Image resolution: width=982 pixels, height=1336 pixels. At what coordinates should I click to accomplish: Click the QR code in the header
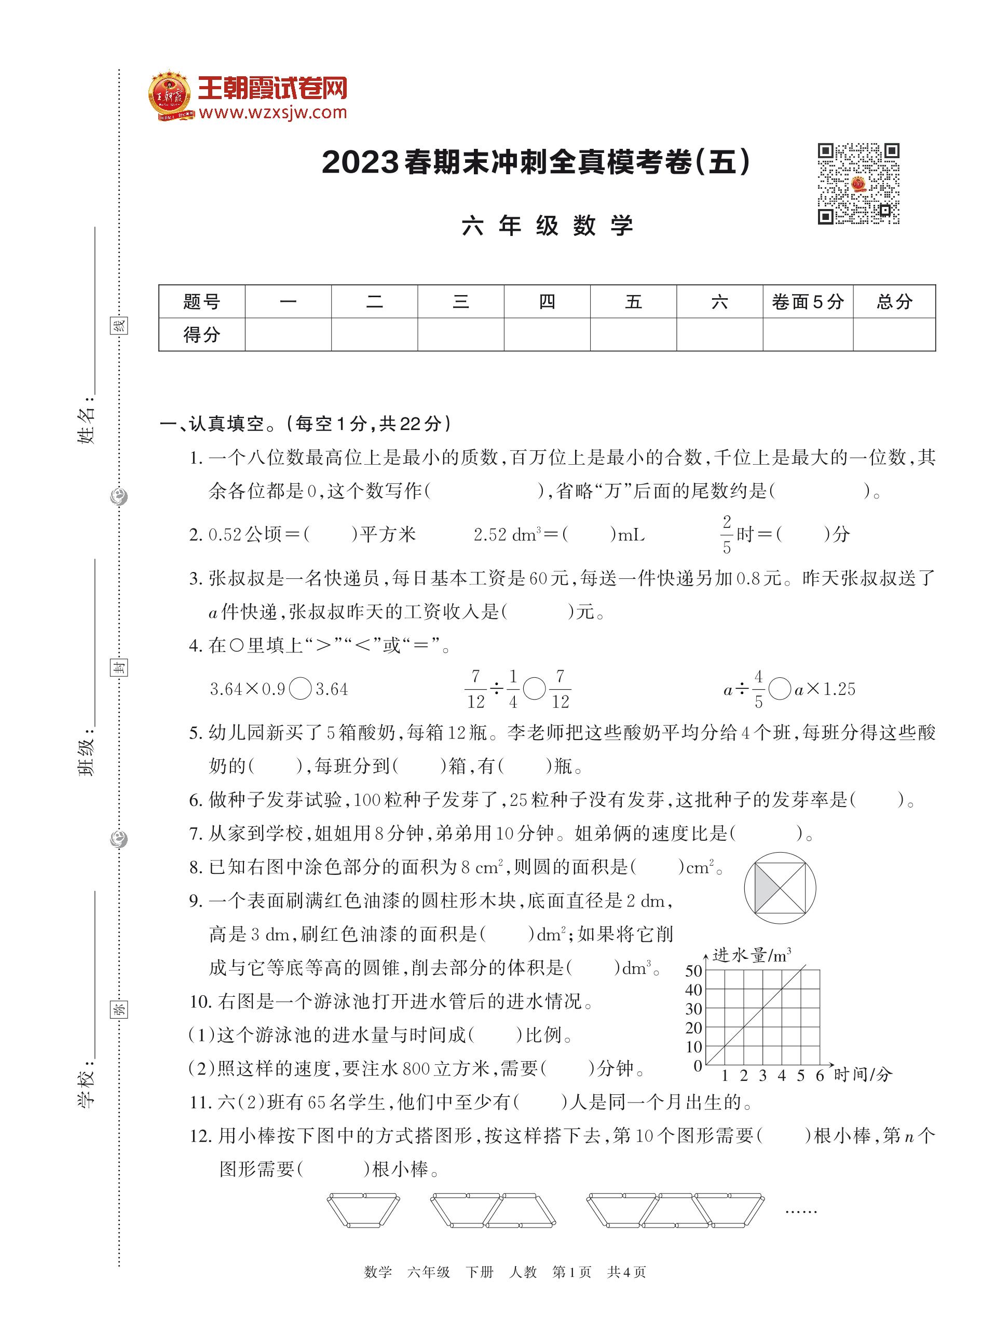(858, 184)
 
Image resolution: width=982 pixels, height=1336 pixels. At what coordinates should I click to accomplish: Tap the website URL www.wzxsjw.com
(273, 112)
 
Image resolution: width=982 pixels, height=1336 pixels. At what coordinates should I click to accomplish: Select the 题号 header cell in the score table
(201, 302)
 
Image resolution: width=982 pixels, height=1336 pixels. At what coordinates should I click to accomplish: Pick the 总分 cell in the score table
(894, 302)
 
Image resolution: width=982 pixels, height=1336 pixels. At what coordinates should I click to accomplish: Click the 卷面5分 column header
(807, 302)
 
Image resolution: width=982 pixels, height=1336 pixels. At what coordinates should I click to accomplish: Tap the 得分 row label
(201, 335)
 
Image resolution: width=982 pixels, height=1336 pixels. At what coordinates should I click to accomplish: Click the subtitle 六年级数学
(547, 226)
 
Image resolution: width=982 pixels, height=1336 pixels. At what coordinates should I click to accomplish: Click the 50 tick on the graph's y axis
(693, 971)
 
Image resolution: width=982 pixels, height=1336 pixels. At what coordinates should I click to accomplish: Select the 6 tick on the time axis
(820, 1075)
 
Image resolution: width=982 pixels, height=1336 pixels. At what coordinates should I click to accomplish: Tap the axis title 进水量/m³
(752, 955)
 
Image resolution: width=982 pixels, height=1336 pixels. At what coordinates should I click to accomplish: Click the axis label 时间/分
(863, 1074)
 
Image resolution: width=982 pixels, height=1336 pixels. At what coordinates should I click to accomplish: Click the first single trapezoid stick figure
(363, 1210)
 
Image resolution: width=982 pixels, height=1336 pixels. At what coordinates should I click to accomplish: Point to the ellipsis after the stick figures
(801, 1210)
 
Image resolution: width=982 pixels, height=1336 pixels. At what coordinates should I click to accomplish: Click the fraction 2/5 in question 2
(727, 535)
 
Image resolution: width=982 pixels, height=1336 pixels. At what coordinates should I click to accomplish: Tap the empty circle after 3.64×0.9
(300, 689)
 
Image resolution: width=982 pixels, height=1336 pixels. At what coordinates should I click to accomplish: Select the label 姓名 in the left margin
(87, 425)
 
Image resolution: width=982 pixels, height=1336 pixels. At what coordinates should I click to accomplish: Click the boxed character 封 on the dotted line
(119, 667)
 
